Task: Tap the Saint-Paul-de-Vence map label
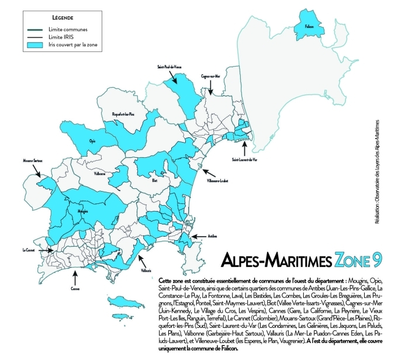point(169,67)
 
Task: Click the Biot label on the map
point(155,181)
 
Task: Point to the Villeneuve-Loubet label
point(217,181)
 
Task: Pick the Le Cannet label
point(30,250)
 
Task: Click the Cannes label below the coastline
point(75,288)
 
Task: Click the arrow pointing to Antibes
point(198,236)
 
